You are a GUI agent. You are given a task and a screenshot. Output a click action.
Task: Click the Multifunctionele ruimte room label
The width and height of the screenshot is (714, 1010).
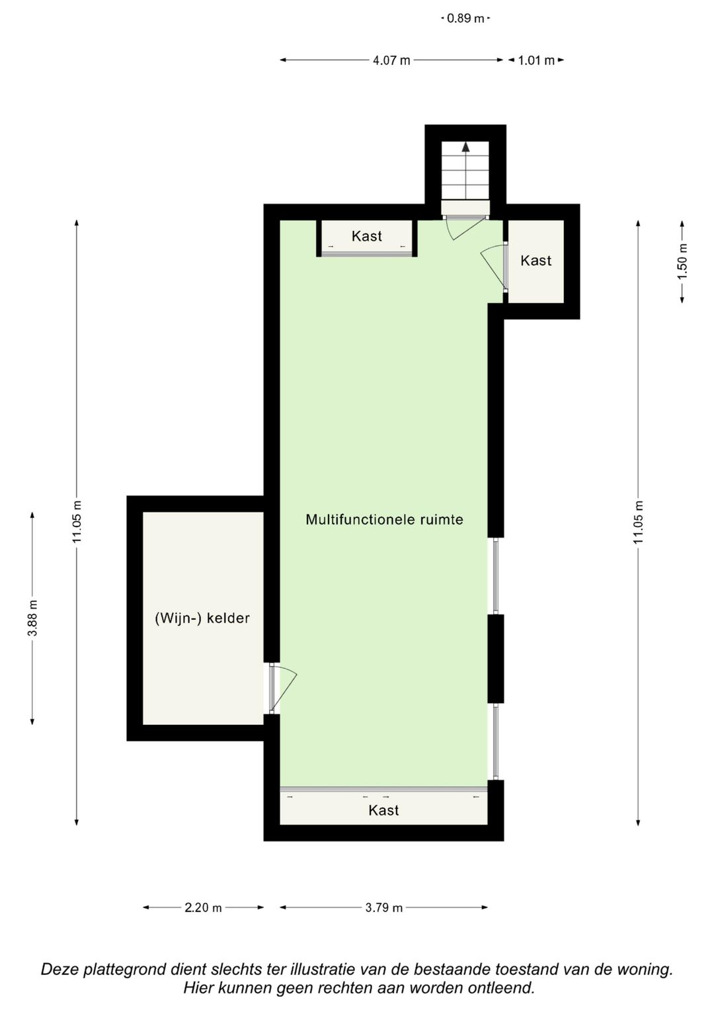[384, 520]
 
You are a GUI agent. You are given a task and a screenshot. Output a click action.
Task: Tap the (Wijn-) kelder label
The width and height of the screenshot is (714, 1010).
[202, 618]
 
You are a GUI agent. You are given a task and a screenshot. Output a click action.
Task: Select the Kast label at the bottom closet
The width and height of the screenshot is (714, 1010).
[383, 810]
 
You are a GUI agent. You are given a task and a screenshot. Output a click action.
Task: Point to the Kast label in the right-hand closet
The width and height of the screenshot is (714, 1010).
[535, 261]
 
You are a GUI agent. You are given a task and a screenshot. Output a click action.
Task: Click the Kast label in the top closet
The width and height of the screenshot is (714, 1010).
[366, 236]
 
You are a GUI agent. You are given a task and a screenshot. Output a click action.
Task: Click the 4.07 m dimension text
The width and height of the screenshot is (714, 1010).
[391, 61]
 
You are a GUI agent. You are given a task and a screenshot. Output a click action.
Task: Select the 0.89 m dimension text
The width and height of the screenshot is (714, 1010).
[465, 19]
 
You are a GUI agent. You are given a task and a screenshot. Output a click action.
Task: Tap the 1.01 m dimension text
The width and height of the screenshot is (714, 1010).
[536, 61]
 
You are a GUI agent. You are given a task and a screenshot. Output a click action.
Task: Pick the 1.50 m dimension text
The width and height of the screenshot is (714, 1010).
[683, 261]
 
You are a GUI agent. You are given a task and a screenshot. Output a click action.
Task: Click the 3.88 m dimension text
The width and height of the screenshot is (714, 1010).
[32, 618]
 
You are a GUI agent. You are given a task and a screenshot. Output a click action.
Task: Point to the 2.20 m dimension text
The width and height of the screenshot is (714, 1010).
[203, 907]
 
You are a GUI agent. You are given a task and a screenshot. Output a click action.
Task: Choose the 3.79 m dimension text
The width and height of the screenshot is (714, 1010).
[383, 907]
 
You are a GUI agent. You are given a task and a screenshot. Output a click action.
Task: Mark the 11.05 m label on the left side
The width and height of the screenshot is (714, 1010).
[77, 523]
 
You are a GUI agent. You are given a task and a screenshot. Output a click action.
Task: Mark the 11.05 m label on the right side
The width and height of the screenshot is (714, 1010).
[638, 523]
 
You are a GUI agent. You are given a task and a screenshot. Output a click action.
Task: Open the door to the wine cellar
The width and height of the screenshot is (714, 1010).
[283, 688]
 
